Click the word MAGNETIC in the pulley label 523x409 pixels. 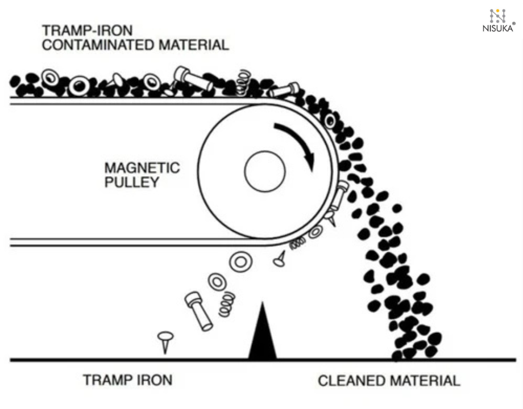click(142, 168)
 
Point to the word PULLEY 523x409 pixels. click(131, 183)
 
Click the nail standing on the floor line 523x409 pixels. click(164, 341)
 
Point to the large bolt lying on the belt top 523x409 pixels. click(193, 78)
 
